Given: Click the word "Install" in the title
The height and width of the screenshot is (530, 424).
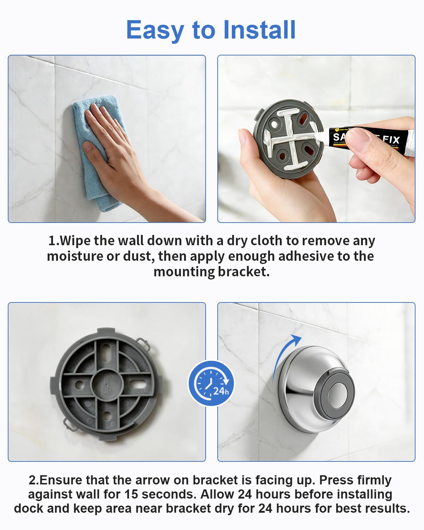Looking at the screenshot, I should (x=260, y=30).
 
